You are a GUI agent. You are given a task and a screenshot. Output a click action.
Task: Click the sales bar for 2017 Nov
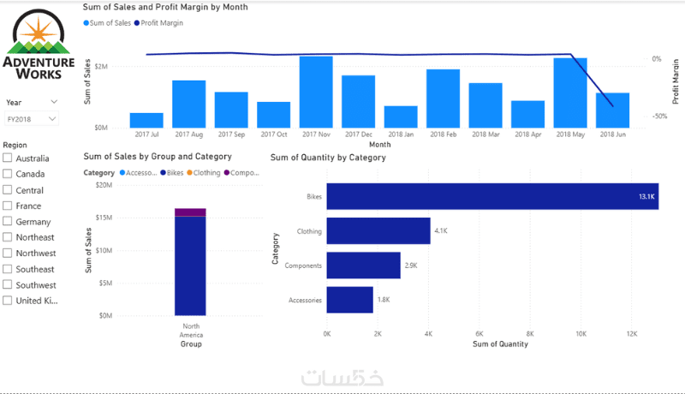click(x=316, y=92)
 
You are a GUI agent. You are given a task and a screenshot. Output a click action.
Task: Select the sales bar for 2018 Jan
click(x=401, y=116)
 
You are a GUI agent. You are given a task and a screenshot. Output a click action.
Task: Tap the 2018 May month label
click(x=570, y=134)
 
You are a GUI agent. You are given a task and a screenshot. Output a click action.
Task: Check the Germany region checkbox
click(x=8, y=221)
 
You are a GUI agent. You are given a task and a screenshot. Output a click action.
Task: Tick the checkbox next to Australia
click(x=8, y=158)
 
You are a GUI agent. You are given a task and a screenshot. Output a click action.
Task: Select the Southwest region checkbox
click(x=8, y=284)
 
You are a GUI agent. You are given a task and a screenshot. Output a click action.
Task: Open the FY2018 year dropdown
click(x=32, y=119)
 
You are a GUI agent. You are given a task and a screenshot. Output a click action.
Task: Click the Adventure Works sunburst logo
click(x=39, y=33)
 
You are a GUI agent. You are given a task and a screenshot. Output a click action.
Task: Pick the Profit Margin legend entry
click(x=158, y=23)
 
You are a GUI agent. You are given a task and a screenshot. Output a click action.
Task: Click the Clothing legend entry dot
click(x=189, y=173)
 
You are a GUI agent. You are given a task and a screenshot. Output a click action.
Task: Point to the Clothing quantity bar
click(x=378, y=231)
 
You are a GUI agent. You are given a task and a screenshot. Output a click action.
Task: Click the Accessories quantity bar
click(x=350, y=300)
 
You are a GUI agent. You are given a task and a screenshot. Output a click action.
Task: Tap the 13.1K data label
click(x=646, y=196)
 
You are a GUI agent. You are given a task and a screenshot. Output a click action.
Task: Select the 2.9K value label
click(x=411, y=266)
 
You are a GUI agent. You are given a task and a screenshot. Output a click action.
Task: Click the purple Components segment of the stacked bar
click(x=190, y=212)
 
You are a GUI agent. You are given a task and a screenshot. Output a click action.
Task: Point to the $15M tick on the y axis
click(x=104, y=218)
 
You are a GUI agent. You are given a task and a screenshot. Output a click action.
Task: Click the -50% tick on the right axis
click(x=659, y=116)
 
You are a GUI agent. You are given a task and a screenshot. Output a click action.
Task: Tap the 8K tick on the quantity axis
click(x=530, y=334)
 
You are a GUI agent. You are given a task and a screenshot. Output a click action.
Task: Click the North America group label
click(x=191, y=331)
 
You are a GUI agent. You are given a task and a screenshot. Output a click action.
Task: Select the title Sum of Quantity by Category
click(x=328, y=158)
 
